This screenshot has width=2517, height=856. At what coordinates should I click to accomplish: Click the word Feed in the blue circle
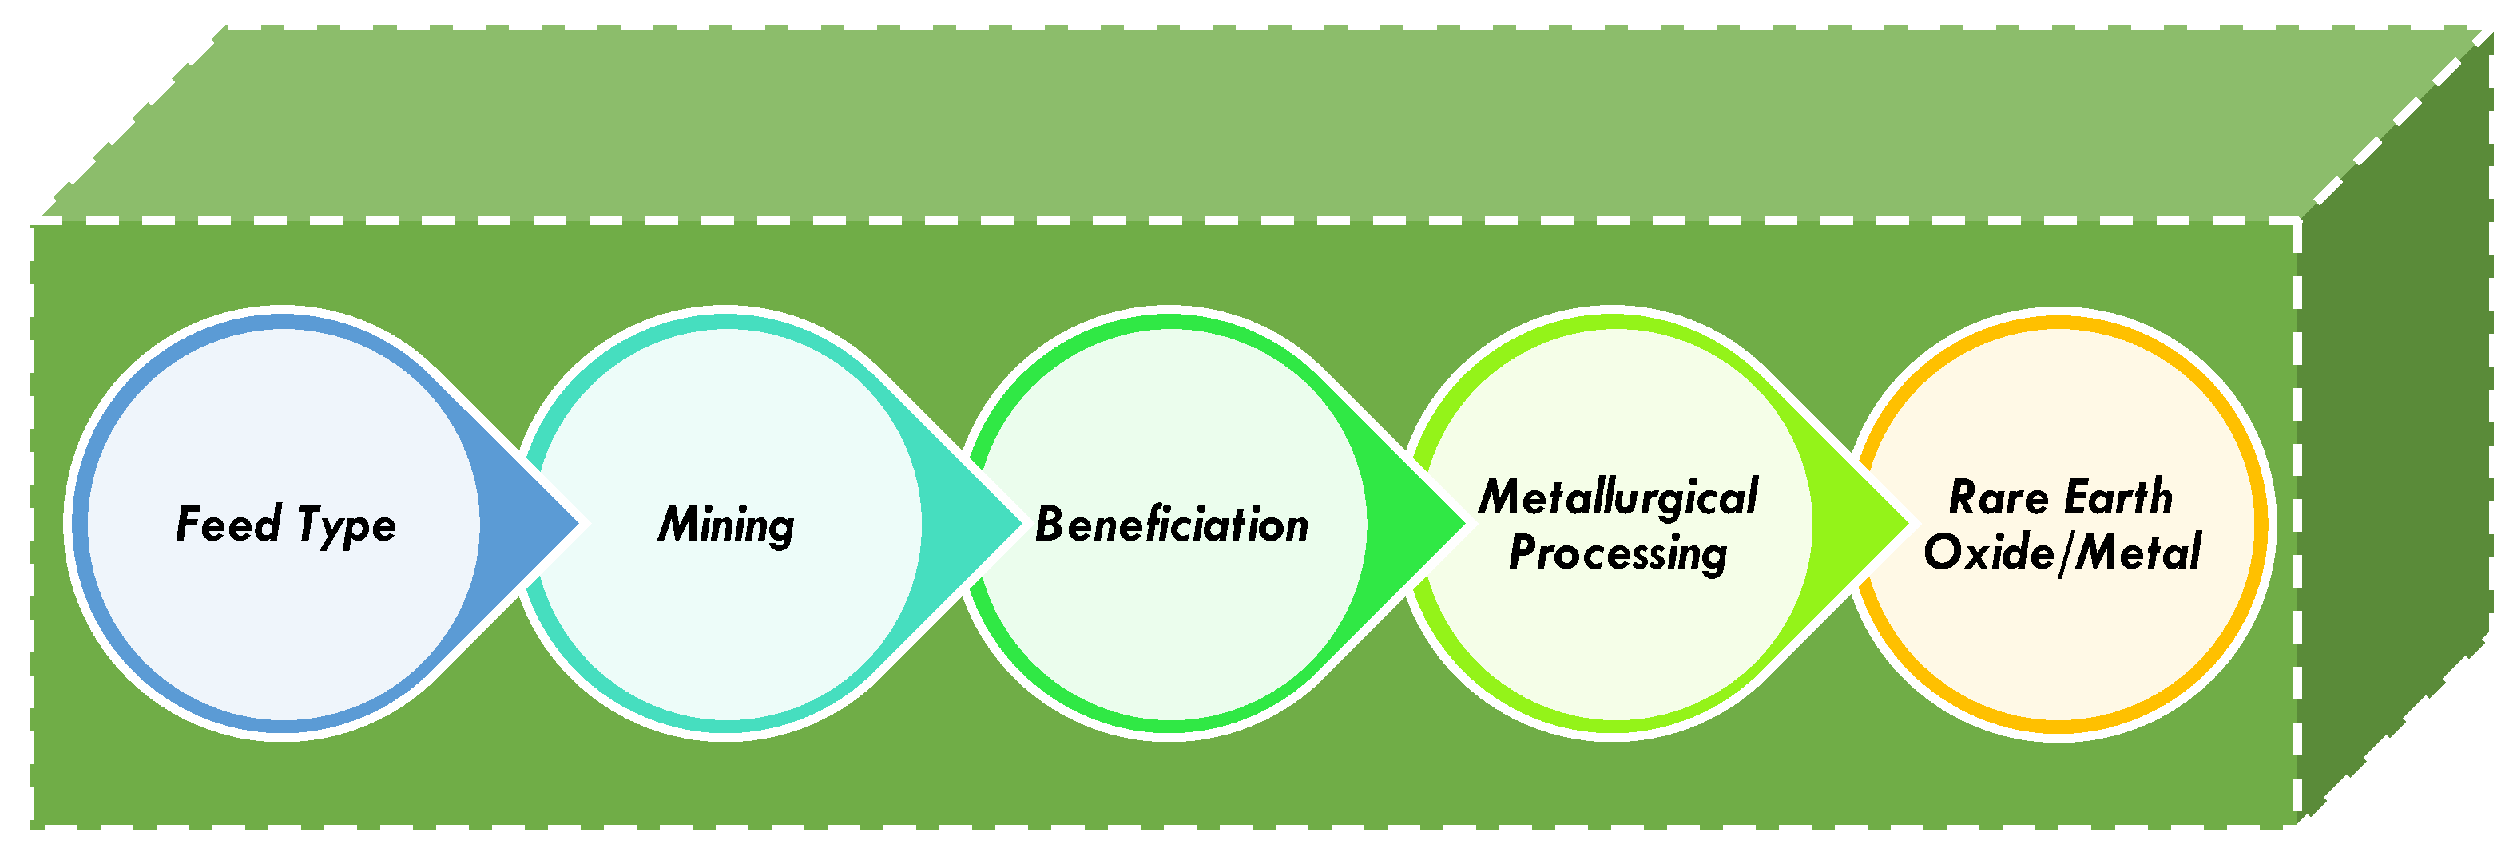pos(228,524)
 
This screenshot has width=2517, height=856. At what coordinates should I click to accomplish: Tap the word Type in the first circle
pos(346,525)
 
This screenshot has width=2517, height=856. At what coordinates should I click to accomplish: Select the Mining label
pos(726,525)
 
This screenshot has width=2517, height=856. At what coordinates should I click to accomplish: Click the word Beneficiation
pos(1170,525)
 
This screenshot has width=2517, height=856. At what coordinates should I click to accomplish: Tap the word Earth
pos(2118,497)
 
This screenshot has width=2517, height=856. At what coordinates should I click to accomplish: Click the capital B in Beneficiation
pos(1049,525)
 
